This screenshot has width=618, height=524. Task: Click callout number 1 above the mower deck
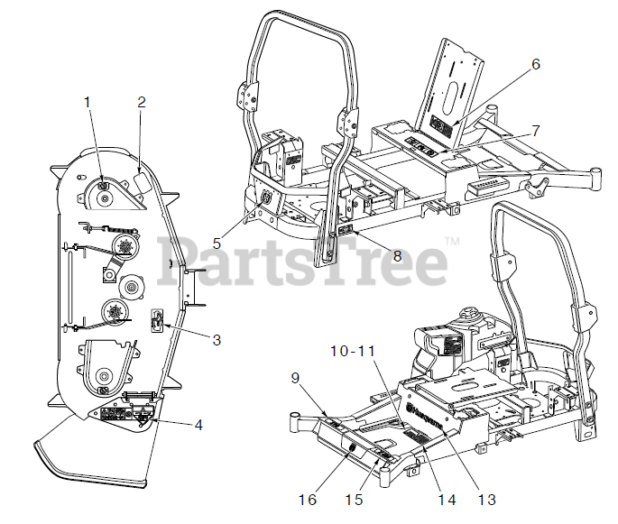[88, 102]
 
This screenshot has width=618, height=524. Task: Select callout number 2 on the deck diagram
[141, 102]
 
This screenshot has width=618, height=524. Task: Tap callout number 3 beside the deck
[217, 340]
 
